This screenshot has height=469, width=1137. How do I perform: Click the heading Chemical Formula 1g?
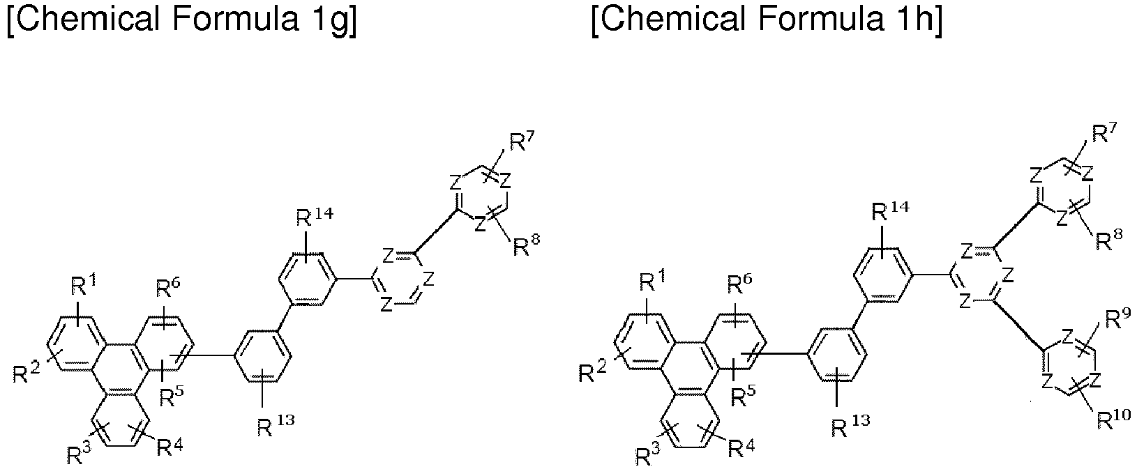pyautogui.click(x=182, y=20)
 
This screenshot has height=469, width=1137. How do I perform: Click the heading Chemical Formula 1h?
pyautogui.click(x=767, y=20)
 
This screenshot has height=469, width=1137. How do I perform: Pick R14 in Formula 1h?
pyautogui.click(x=890, y=211)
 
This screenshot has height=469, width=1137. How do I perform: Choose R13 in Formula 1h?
pyautogui.click(x=852, y=426)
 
